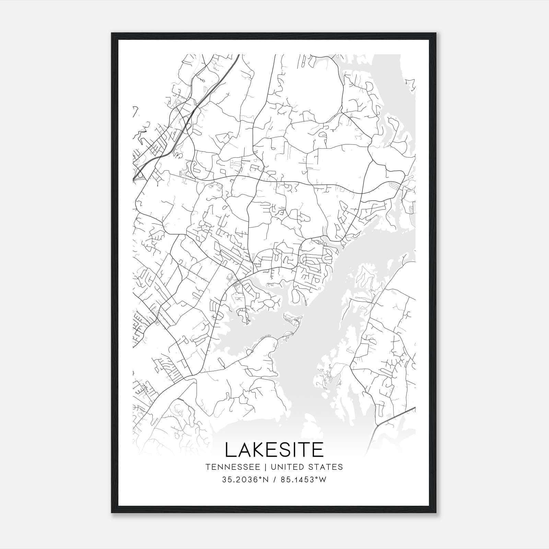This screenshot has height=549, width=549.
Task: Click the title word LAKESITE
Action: click(274, 450)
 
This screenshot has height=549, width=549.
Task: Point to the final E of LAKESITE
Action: click(317, 450)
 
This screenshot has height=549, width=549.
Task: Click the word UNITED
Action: click(286, 467)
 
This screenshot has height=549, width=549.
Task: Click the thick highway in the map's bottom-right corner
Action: click(395, 416)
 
